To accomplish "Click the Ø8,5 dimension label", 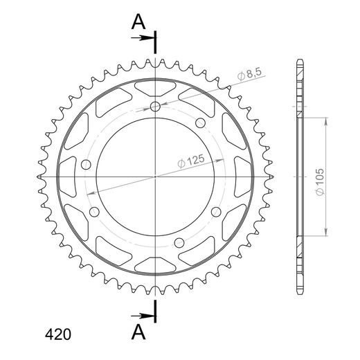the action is coord(249,74).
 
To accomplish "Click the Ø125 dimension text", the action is coord(191,161).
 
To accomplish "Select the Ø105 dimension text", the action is coord(320,182).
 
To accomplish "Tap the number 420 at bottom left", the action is coord(58,334).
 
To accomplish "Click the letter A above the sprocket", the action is coord(138,21).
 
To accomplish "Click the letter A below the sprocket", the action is coord(138,332).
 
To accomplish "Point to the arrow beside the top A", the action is coord(141,38).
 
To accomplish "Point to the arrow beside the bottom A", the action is coord(141,316).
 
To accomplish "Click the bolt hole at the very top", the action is coord(155,107).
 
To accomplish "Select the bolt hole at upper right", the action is coord(200,123).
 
